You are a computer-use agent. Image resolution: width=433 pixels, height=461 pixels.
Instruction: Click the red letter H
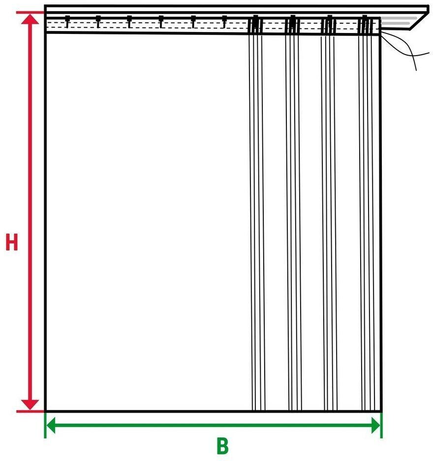point(12,242)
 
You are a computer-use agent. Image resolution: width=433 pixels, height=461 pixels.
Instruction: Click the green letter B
point(222,446)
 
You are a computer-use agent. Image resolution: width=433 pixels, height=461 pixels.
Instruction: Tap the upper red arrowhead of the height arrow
point(30,19)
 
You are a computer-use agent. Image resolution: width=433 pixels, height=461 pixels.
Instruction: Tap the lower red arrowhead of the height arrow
point(30,404)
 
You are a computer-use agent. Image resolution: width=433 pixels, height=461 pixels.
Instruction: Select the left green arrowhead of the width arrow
point(51,425)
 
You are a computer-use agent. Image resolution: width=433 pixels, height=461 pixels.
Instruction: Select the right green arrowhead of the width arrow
point(376,425)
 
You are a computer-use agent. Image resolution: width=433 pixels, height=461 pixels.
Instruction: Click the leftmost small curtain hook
point(67,22)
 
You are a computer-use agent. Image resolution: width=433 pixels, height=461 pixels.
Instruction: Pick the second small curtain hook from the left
point(98,22)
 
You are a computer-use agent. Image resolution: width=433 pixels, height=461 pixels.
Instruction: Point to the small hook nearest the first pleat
point(224,22)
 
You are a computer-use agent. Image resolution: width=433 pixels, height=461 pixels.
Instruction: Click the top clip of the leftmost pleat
point(255,24)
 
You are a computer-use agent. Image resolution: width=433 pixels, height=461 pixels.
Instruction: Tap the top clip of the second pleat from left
point(292,24)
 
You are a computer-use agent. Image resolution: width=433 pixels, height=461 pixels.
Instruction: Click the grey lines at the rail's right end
point(399,21)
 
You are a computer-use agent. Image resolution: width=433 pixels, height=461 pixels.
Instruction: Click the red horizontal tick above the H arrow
point(30,13)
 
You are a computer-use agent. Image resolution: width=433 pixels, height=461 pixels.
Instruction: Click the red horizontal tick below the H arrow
point(30,411)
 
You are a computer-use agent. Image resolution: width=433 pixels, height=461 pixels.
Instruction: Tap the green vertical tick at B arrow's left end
point(45,425)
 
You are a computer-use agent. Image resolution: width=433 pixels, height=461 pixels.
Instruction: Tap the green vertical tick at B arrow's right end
point(381,425)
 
